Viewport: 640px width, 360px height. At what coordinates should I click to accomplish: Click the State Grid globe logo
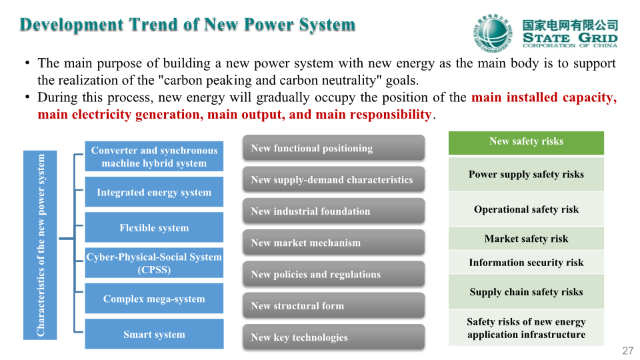pos(493,33)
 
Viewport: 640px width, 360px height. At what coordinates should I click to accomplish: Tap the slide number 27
pos(628,351)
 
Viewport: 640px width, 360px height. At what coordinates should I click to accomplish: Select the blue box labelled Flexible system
pos(154,227)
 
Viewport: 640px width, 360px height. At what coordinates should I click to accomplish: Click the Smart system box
pos(154,334)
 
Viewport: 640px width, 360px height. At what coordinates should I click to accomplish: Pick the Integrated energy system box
pos(154,192)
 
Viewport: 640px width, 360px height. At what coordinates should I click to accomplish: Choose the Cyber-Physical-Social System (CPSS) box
pos(154,263)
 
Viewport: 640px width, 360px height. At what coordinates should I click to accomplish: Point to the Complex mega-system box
pos(154,299)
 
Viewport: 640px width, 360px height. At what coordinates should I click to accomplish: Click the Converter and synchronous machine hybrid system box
pos(154,156)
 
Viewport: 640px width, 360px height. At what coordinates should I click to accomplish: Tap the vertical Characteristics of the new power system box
pos(40,245)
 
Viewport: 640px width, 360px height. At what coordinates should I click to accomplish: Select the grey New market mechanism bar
pos(334,243)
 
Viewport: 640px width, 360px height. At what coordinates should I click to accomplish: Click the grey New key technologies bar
pos(334,337)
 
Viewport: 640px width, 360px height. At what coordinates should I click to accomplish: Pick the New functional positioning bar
pos(334,148)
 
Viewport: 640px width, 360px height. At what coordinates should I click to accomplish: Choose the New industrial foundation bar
pos(334,211)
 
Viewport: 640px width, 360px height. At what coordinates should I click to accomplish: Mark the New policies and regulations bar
pos(334,274)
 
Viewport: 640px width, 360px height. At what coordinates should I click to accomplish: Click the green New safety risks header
pos(526,143)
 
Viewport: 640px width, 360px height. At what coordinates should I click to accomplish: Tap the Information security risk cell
pos(526,262)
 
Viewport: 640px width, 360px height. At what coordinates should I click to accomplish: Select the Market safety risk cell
pos(526,239)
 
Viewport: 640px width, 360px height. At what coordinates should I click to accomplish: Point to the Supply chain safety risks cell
pos(526,291)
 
